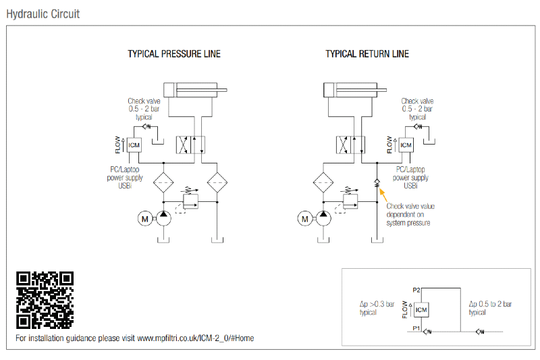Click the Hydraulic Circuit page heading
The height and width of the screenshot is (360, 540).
(43, 14)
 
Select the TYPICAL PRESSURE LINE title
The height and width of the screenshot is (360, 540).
(173, 54)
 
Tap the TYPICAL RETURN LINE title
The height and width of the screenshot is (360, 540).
(367, 54)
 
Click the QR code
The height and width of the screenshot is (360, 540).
(45, 300)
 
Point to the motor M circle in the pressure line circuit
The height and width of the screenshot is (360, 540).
(144, 218)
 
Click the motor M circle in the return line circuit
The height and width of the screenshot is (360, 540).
(305, 218)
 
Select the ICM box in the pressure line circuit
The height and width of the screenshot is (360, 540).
(134, 145)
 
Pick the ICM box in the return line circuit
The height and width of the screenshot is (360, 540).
(405, 145)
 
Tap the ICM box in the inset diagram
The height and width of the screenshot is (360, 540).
(421, 310)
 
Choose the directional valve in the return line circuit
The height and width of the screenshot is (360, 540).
(350, 145)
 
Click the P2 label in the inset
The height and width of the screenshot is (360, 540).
(416, 289)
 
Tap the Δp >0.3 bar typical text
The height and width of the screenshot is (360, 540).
(377, 309)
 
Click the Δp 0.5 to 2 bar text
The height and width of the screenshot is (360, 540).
(490, 309)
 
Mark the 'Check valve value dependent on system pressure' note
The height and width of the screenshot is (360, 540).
(410, 214)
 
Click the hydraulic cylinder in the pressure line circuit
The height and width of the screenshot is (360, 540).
(196, 90)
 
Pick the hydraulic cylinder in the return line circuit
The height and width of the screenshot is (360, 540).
(354, 90)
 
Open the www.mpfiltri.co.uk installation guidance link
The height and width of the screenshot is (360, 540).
(195, 338)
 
